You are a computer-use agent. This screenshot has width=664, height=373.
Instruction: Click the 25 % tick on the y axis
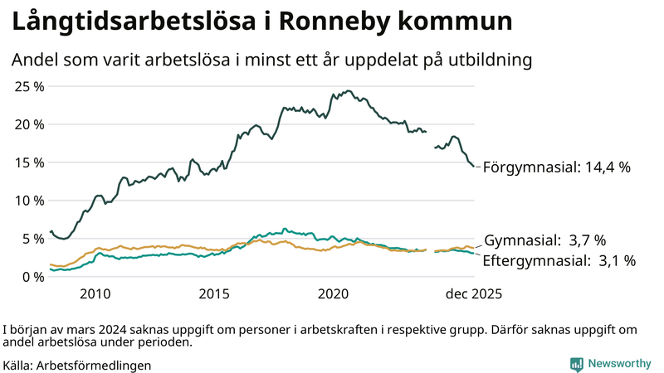tap(30, 86)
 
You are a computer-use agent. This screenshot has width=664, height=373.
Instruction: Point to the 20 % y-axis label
tap(30, 124)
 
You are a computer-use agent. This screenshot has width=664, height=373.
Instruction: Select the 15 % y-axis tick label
tap(30, 162)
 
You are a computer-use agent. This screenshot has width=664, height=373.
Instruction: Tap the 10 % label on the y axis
tap(30, 201)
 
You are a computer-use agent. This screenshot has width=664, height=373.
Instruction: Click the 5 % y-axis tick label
tap(34, 239)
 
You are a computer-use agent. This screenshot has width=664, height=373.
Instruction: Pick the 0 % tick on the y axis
tap(34, 277)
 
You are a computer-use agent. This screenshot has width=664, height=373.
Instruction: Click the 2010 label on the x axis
tap(95, 294)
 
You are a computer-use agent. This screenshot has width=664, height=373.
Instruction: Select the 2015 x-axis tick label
tap(214, 294)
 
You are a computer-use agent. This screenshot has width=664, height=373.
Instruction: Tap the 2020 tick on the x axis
tap(334, 294)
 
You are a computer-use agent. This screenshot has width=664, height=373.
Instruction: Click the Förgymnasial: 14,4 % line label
tap(556, 167)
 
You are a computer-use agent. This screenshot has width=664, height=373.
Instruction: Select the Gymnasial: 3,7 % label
tap(544, 240)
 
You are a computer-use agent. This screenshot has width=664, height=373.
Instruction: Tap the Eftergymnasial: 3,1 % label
tap(559, 261)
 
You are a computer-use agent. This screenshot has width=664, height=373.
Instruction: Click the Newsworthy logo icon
tap(576, 364)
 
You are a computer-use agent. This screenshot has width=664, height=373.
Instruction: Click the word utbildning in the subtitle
tap(491, 61)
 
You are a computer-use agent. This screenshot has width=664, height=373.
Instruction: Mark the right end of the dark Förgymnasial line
tap(474, 167)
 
